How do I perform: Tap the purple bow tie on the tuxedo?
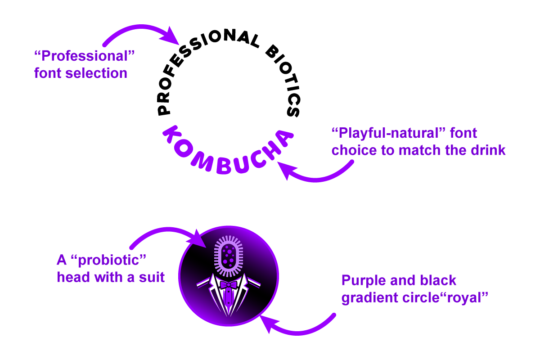[x=229, y=284]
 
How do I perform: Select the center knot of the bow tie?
[x=229, y=284]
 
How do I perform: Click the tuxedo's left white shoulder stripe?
[x=203, y=283]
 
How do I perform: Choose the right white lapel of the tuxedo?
[x=241, y=295]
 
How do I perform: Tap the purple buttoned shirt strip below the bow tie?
[x=229, y=299]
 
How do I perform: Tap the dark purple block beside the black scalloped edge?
[x=94, y=67]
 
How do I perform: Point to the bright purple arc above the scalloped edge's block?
[x=121, y=36]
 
